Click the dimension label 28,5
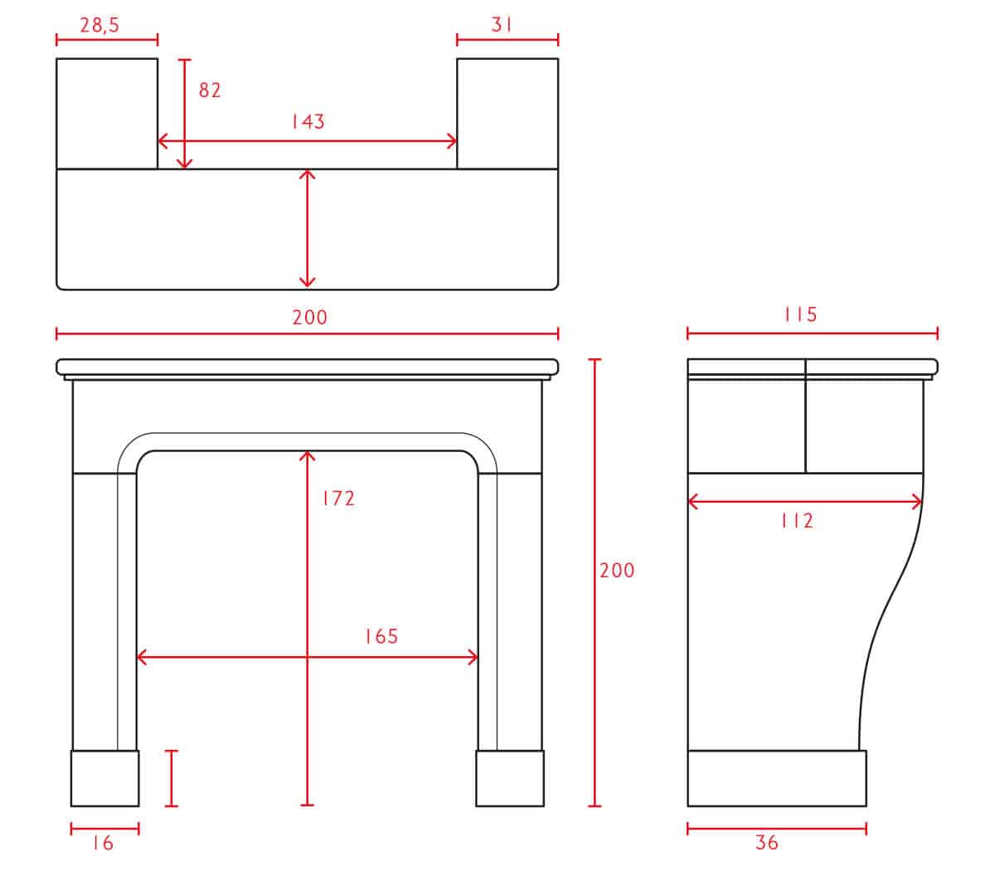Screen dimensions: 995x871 pyautogui.click(x=99, y=26)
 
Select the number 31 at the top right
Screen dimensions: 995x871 pyautogui.click(x=502, y=24)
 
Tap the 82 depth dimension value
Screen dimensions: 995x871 pyautogui.click(x=210, y=90)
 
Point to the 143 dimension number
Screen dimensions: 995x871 pyautogui.click(x=308, y=121)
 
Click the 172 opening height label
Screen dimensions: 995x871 pyautogui.click(x=339, y=499)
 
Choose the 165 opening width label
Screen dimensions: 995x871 pyautogui.click(x=381, y=636)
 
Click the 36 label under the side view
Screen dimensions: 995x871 pyautogui.click(x=767, y=843)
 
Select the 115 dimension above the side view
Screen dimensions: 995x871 pyautogui.click(x=800, y=314)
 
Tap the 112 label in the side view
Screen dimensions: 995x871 pyautogui.click(x=798, y=521)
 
